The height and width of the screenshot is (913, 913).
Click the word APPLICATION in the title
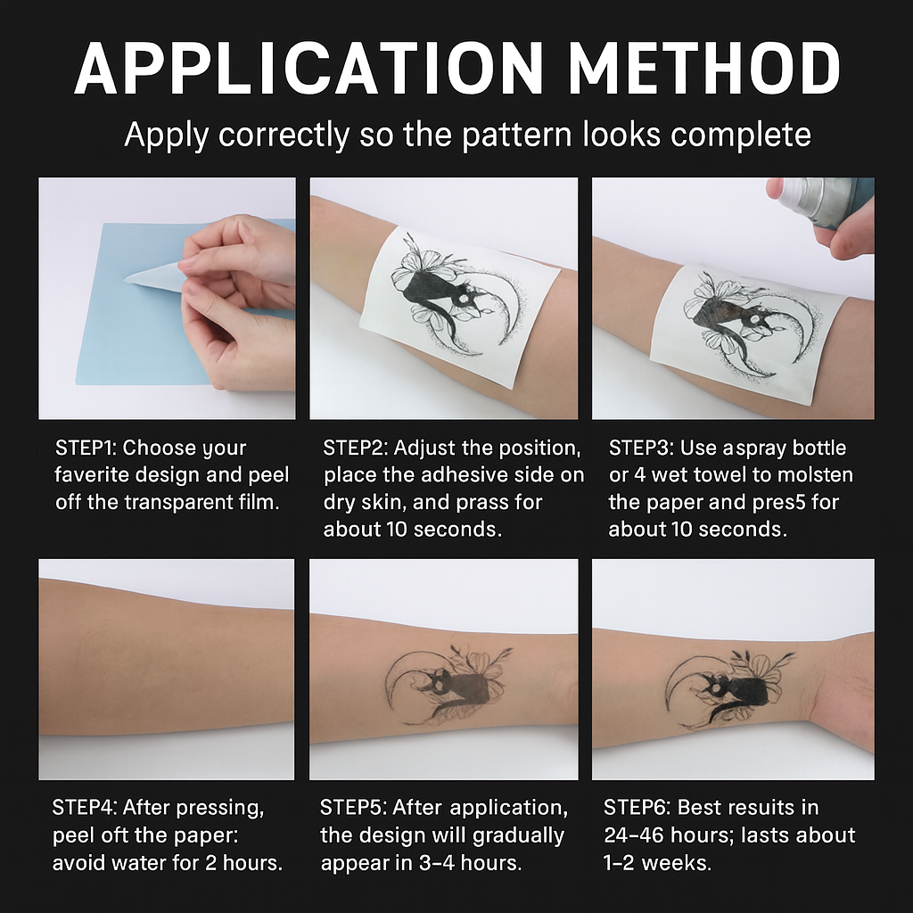click(308, 68)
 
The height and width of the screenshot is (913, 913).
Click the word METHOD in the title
click(704, 68)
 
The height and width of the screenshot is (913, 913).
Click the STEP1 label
click(86, 448)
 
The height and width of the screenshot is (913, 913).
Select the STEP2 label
click(355, 448)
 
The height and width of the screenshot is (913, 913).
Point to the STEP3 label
click(640, 448)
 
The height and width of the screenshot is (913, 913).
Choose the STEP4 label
click(84, 808)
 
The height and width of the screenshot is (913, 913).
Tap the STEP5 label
click(352, 808)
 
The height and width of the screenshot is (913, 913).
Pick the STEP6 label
click(637, 808)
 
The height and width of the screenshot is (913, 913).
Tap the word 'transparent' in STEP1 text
click(181, 503)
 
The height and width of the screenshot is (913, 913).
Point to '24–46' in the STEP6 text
click(634, 835)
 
